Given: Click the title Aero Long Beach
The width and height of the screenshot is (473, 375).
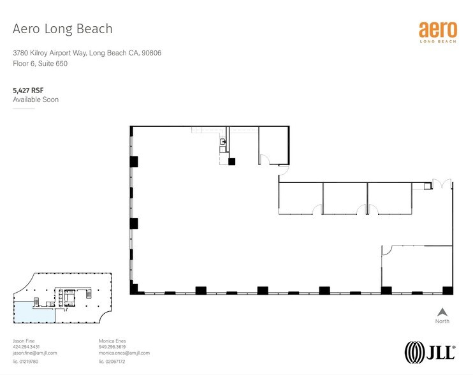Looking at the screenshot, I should tap(62, 29).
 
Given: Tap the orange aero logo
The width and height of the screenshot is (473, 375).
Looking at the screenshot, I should tap(437, 31).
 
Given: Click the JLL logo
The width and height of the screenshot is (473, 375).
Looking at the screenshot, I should tap(430, 351).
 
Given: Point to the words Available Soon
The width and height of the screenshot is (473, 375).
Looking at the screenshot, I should tap(36, 100).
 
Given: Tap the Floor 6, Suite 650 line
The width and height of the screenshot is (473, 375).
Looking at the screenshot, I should tap(40, 64).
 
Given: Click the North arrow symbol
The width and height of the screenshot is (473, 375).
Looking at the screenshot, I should tap(441, 312).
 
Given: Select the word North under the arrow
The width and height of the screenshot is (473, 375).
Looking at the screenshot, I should tap(441, 321).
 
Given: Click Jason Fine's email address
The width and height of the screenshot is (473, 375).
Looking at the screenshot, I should tap(35, 353).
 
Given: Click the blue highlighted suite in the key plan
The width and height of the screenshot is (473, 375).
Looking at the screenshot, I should tap(32, 311).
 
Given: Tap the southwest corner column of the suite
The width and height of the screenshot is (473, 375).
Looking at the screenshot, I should tap(134, 290).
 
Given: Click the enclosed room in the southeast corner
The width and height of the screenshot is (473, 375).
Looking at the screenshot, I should tap(417, 268).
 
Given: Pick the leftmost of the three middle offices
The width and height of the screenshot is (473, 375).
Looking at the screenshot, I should tap(300, 198).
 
